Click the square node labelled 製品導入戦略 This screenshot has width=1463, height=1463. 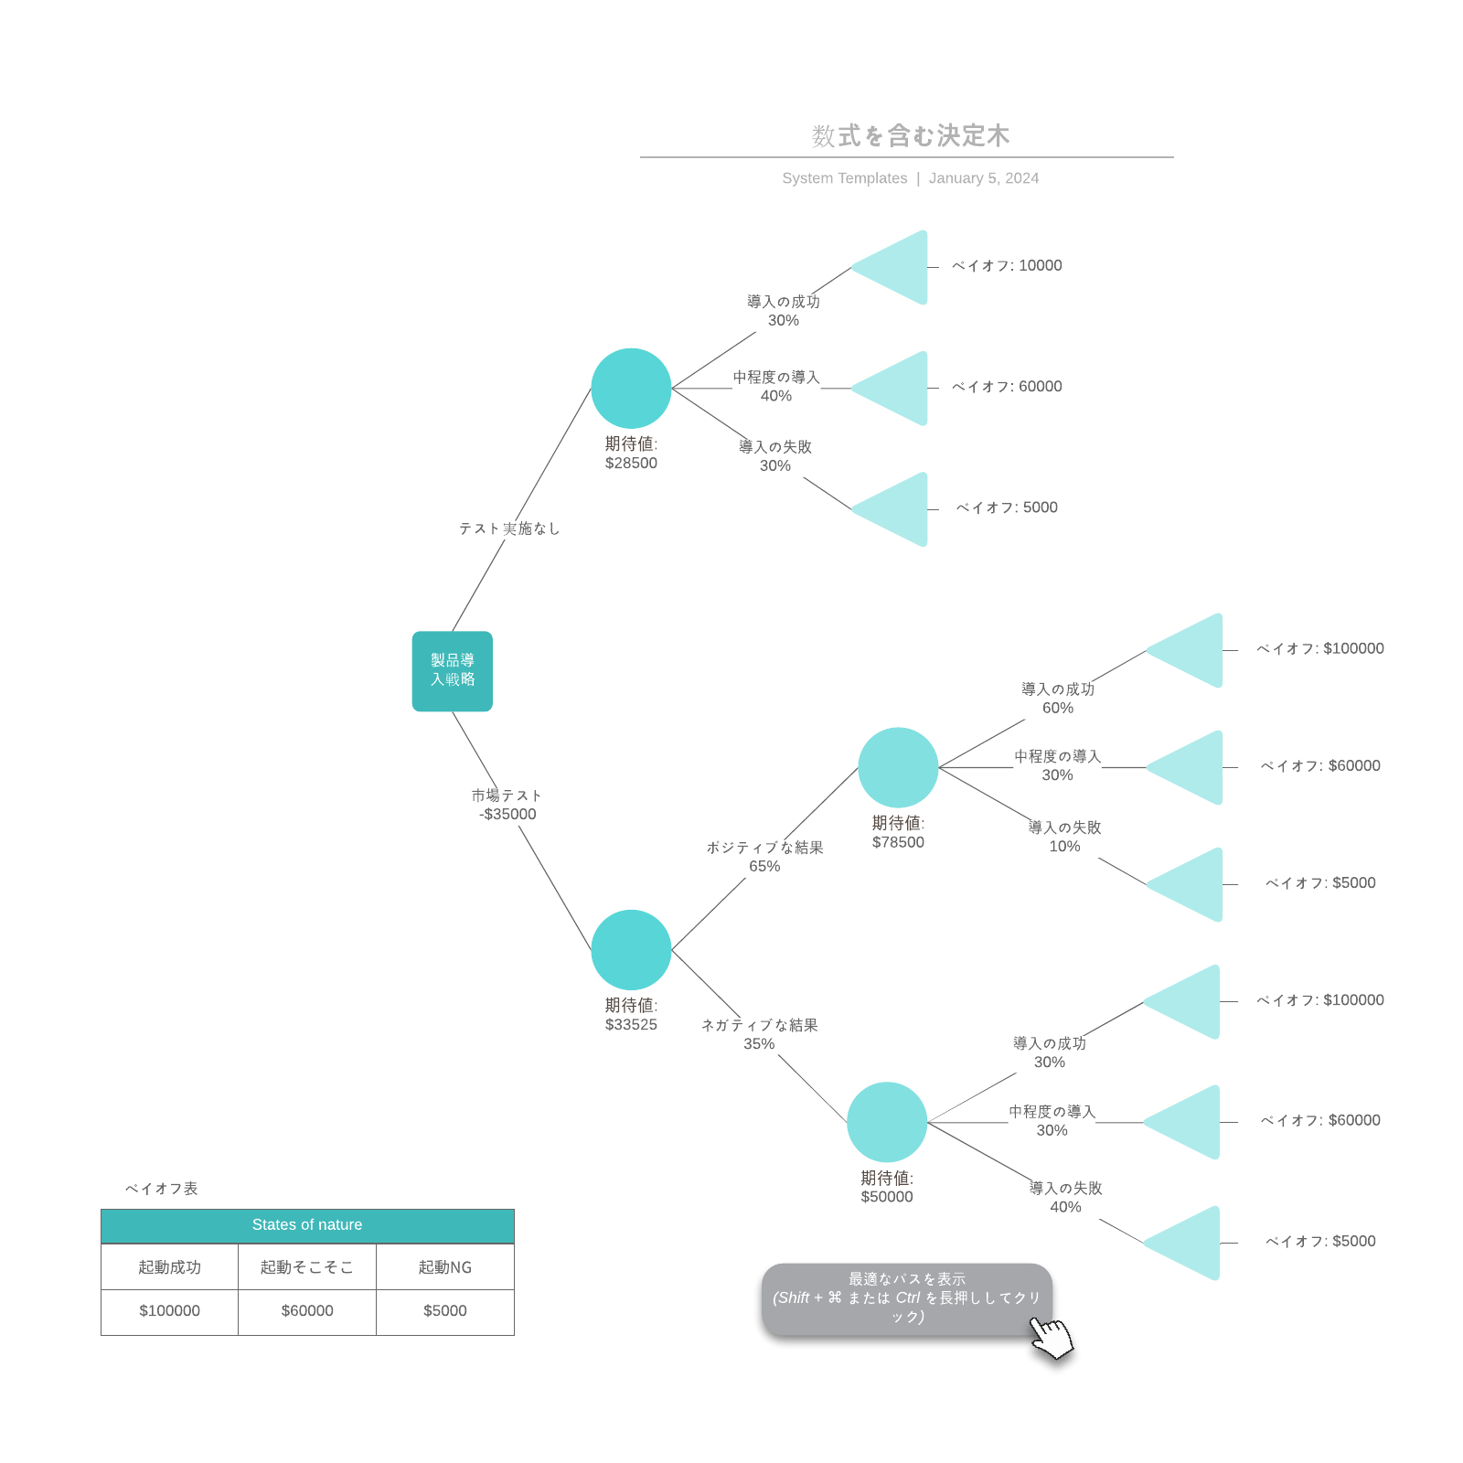452,671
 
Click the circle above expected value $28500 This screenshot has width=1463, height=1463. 631,388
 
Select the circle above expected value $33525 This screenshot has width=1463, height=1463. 631,949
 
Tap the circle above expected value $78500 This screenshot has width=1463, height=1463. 898,767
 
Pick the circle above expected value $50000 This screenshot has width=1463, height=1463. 887,1122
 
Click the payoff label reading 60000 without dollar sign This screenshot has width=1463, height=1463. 1007,387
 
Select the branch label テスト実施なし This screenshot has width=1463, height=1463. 508,529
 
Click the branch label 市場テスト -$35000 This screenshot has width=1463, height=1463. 507,805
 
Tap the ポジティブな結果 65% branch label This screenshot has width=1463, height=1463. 764,857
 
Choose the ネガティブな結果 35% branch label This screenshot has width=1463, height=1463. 759,1034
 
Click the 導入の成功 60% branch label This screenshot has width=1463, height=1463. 1058,699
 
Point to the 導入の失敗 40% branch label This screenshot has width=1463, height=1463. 1065,1197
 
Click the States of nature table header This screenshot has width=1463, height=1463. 307,1225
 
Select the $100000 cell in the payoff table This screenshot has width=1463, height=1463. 169,1311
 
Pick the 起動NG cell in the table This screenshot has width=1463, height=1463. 445,1267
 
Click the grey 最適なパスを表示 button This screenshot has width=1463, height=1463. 906,1298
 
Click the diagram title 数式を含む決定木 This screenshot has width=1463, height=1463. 911,136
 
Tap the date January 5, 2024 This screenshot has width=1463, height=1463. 984,178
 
